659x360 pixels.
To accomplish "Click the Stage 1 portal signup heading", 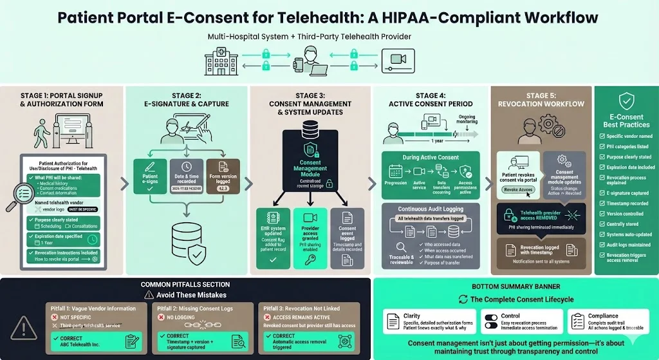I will click(x=62, y=100).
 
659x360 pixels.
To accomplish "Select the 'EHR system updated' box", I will click(x=273, y=237).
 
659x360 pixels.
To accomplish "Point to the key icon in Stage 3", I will click(x=310, y=260).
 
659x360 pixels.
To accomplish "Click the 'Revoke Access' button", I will click(x=518, y=190).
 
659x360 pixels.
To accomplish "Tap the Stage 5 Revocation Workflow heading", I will click(x=541, y=100).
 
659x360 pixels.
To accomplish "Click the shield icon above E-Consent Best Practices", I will click(x=626, y=101).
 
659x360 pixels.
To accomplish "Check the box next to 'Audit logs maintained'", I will click(x=601, y=245).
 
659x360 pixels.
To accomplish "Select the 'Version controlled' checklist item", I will click(x=624, y=214).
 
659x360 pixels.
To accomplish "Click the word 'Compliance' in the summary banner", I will click(x=602, y=316).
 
